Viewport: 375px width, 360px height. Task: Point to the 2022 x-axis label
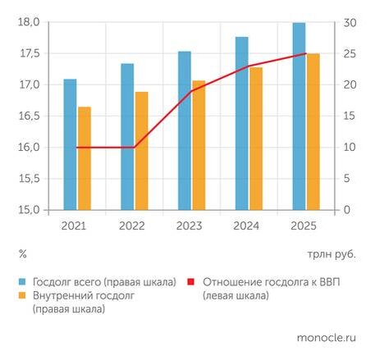[134, 226]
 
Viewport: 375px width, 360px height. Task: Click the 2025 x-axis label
[305, 226]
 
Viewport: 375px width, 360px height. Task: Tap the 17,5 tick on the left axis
[29, 53]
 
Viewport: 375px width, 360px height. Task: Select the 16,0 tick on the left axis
[29, 148]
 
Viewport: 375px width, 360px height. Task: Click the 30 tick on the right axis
[348, 22]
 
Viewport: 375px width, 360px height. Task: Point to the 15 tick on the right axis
[348, 116]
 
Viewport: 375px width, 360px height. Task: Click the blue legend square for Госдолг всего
[23, 282]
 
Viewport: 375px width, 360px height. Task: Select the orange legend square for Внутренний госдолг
[23, 295]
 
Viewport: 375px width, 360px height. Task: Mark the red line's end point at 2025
[305, 54]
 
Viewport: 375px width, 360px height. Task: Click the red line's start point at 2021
[77, 148]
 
